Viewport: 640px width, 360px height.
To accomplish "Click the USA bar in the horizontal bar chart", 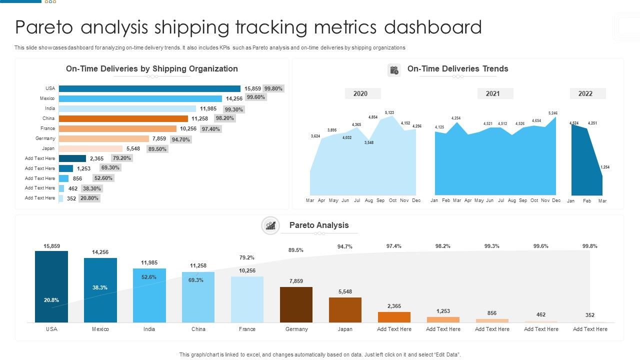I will pyautogui.click(x=149, y=88).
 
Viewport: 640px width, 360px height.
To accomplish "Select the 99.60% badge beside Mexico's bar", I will pyautogui.click(x=255, y=97).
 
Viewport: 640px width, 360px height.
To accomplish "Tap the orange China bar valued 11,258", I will pyautogui.click(x=123, y=118).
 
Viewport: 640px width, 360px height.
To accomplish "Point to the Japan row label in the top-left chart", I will pyautogui.click(x=48, y=148).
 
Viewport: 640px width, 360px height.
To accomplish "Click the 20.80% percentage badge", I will pyautogui.click(x=89, y=198).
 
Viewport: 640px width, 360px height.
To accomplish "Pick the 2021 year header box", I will pyautogui.click(x=492, y=93).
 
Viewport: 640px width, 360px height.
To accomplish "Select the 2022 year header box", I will pyautogui.click(x=585, y=93).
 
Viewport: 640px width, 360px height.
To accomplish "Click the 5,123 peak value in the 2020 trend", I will pyautogui.click(x=389, y=112).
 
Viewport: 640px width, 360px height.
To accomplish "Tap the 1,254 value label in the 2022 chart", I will pyautogui.click(x=604, y=167).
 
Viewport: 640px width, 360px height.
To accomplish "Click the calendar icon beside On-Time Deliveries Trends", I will pyautogui.click(x=394, y=70).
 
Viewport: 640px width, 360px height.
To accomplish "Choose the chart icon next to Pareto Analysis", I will pyautogui.click(x=270, y=225).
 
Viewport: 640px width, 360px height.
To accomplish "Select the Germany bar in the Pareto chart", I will pyautogui.click(x=296, y=304).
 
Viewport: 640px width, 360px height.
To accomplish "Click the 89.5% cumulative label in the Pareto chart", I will pyautogui.click(x=296, y=250).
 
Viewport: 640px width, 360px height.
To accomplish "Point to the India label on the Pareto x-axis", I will pyautogui.click(x=149, y=329).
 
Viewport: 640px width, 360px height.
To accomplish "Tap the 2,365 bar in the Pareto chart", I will pyautogui.click(x=394, y=317).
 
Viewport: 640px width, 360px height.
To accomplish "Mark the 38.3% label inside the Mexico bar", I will pyautogui.click(x=100, y=287).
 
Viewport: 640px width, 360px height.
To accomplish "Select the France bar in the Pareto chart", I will pyautogui.click(x=247, y=299).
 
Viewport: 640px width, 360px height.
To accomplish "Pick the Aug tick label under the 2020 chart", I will pyautogui.click(x=368, y=200).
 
